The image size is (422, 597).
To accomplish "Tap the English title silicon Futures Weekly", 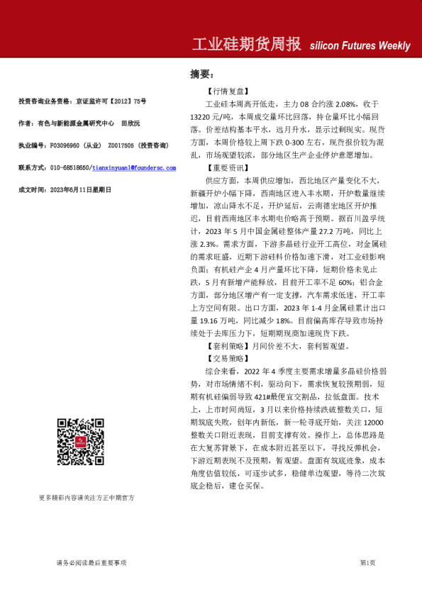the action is point(360,46).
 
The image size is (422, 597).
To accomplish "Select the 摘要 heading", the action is point(201,74).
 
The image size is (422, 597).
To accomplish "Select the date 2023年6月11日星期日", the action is point(78,189).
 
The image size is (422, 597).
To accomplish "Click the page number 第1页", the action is point(367,562).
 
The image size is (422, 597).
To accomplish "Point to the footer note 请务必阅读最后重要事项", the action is point(91,562).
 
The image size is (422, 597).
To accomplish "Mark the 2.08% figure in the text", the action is point(342,104).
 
